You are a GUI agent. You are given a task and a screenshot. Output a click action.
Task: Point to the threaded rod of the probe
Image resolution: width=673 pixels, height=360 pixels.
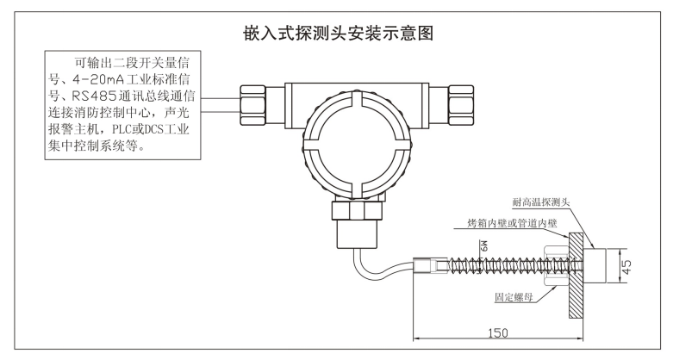click(483, 264)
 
